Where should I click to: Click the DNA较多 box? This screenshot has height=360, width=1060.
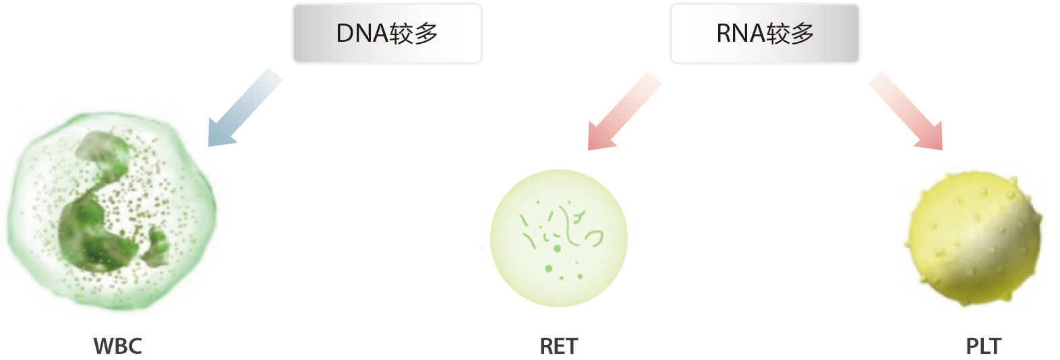pyautogui.click(x=386, y=33)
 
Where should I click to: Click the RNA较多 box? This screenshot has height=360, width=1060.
pyautogui.click(x=765, y=33)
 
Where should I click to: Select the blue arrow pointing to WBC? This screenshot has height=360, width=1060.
pyautogui.click(x=245, y=107)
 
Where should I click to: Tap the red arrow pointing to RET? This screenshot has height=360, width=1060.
pyautogui.click(x=624, y=111)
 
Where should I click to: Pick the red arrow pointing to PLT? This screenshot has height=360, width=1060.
pyautogui.click(x=906, y=111)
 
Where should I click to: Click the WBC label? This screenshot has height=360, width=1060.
pyautogui.click(x=118, y=347)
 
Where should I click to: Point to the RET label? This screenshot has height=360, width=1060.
pyautogui.click(x=559, y=347)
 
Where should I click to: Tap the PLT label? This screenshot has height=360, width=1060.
pyautogui.click(x=983, y=347)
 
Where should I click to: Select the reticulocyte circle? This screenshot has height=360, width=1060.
pyautogui.click(x=559, y=238)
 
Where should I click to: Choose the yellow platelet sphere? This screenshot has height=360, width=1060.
pyautogui.click(x=974, y=239)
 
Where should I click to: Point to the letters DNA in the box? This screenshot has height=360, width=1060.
pyautogui.click(x=362, y=33)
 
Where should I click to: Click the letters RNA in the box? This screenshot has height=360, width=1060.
pyautogui.click(x=741, y=33)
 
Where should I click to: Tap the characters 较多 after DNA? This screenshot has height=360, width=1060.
pyautogui.click(x=413, y=34)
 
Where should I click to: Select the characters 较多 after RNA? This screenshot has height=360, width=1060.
pyautogui.click(x=790, y=34)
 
